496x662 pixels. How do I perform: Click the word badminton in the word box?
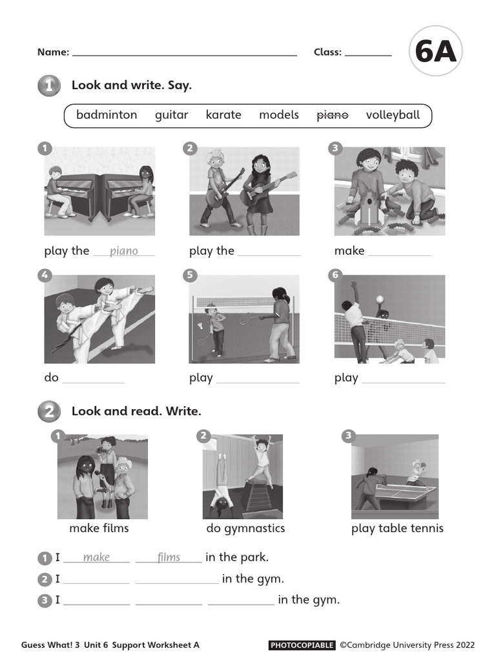107,115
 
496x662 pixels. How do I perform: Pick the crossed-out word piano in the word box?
332,115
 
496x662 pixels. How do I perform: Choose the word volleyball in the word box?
393,115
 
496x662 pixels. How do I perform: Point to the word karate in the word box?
223,115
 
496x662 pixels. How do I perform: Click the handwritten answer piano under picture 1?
124,251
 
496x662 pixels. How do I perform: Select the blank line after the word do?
93,381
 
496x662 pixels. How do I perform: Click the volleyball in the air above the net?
380,299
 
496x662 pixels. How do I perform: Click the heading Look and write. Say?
132,85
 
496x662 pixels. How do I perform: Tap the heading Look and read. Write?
136,411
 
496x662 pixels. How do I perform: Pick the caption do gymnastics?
245,529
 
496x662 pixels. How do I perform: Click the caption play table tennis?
397,529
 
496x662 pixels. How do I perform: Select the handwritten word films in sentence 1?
169,557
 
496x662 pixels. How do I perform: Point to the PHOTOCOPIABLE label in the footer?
302,645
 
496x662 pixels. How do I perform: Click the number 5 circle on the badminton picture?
189,275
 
